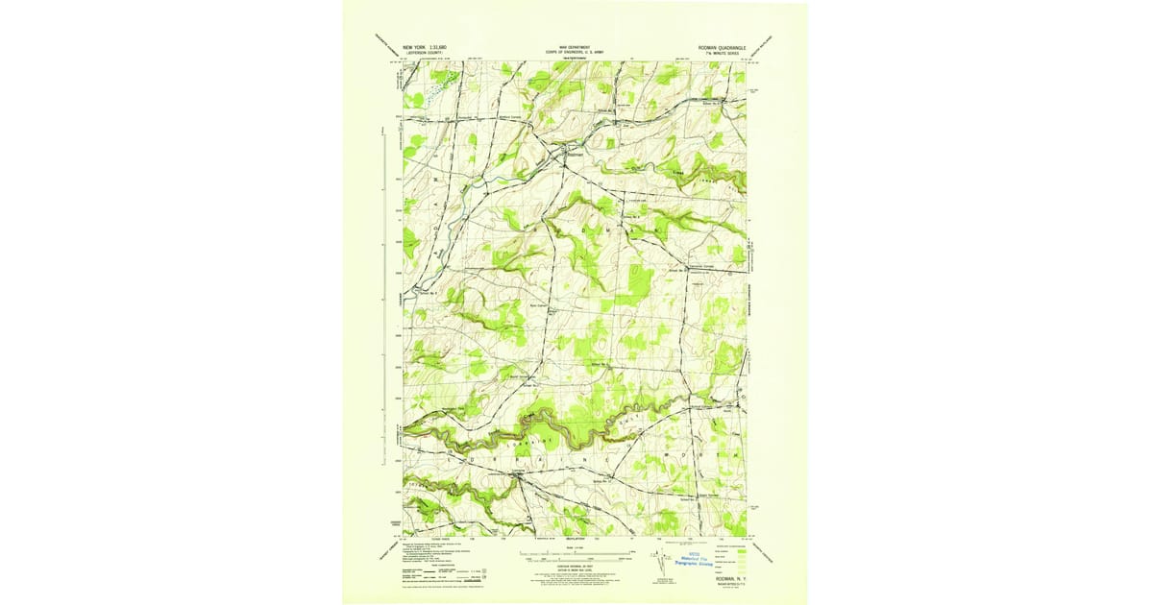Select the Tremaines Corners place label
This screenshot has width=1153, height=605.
point(701,266)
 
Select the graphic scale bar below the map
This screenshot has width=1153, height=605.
point(575,555)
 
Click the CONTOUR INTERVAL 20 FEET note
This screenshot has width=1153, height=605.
point(575,566)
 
